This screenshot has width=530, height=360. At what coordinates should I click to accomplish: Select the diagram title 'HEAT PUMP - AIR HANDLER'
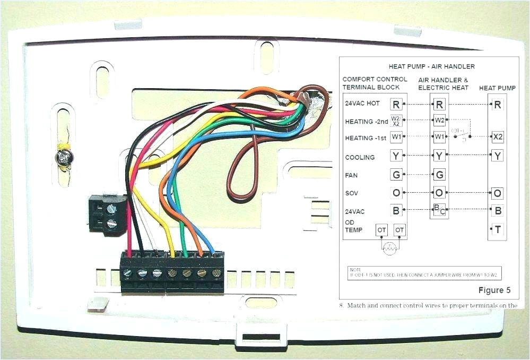pyautogui.click(x=432, y=66)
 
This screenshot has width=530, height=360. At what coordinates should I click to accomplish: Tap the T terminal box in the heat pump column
pyautogui.click(x=497, y=229)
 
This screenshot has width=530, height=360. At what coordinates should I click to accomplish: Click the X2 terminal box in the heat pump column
pyautogui.click(x=497, y=137)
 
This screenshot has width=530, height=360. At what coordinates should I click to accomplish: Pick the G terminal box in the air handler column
pyautogui.click(x=439, y=174)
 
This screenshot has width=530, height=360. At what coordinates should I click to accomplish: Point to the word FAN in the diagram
pyautogui.click(x=352, y=174)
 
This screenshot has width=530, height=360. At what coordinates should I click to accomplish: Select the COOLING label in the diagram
pyautogui.click(x=360, y=157)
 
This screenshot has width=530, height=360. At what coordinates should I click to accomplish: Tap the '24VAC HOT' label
pyautogui.click(x=362, y=104)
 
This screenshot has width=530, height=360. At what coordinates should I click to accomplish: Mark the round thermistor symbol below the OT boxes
pyautogui.click(x=390, y=247)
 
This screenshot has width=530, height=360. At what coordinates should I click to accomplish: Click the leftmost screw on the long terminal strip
pyautogui.click(x=127, y=273)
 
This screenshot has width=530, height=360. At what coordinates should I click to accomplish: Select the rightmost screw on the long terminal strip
pyautogui.click(x=216, y=273)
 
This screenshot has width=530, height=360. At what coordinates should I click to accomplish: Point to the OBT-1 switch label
pyautogui.click(x=457, y=130)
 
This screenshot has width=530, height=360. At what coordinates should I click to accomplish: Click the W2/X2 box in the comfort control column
pyautogui.click(x=396, y=121)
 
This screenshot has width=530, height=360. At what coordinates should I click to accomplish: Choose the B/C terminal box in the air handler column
pyautogui.click(x=439, y=210)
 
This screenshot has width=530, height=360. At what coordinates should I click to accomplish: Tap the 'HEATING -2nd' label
pyautogui.click(x=366, y=122)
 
